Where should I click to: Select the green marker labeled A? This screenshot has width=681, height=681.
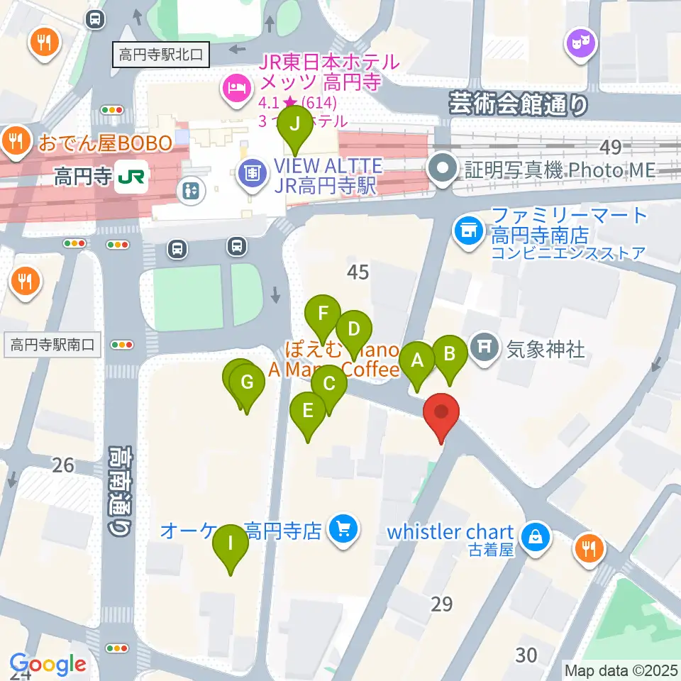tap(417, 361)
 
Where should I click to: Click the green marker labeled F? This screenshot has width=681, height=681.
tap(323, 314)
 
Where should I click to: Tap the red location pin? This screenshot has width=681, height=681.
tap(442, 414)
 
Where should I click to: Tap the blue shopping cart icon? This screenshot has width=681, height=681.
tap(344, 529)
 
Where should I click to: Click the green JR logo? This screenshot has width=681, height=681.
tap(132, 176)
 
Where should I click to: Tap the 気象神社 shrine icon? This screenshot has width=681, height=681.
tap(486, 348)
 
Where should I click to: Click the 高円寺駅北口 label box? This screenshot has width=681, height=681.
tap(161, 53)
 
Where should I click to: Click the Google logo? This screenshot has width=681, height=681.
tap(48, 665)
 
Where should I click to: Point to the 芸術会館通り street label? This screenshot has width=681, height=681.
tap(519, 105)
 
